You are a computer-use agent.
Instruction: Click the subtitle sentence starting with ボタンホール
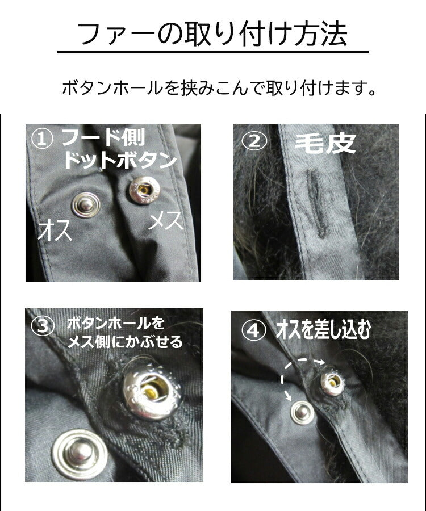[x=219, y=89]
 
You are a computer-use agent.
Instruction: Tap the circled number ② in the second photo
[x=253, y=141]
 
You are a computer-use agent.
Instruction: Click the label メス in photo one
[x=165, y=221]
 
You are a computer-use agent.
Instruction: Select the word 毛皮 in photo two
[x=325, y=144]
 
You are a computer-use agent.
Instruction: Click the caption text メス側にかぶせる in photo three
[x=124, y=341]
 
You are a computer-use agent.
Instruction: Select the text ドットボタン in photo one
[x=119, y=160]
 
